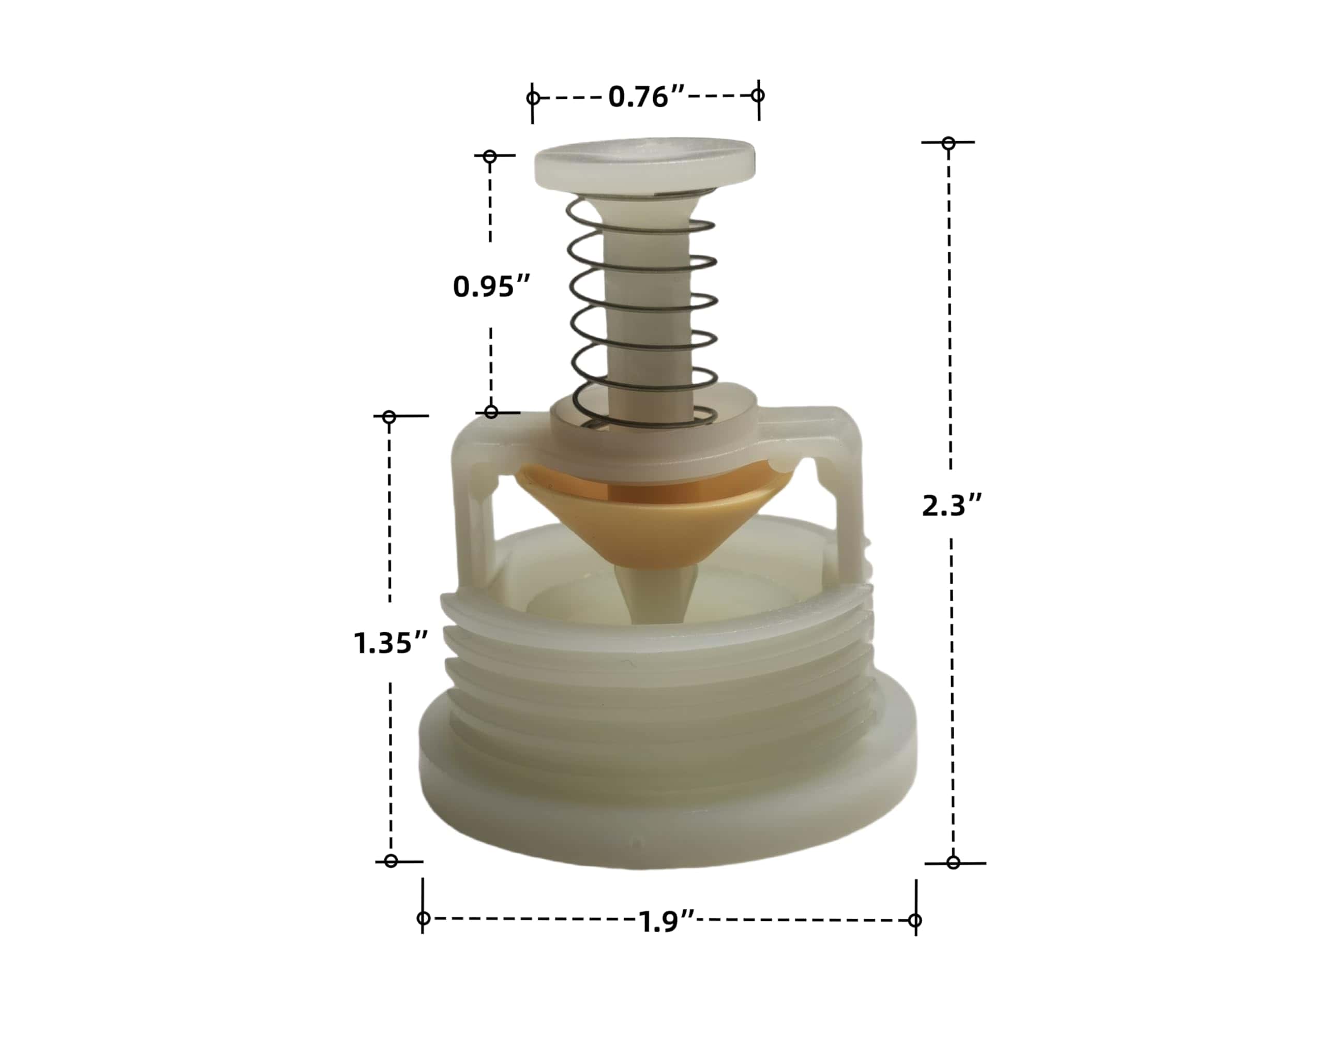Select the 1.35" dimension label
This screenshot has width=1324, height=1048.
(390, 643)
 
